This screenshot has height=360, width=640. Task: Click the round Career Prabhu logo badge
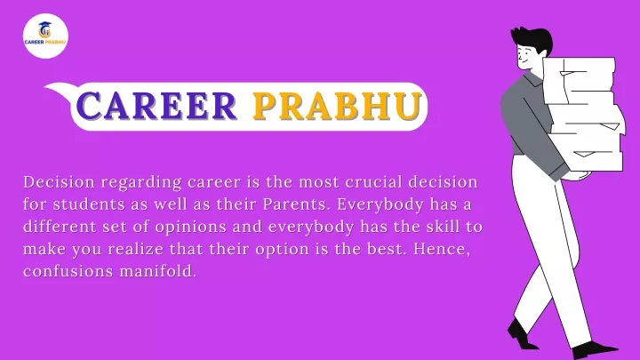pyautogui.click(x=45, y=36)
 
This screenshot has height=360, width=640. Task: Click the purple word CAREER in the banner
pyautogui.click(x=156, y=106)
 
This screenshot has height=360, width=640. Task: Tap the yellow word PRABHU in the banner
pyautogui.click(x=337, y=106)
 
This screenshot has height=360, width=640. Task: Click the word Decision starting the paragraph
pyautogui.click(x=60, y=182)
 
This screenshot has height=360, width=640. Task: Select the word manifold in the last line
pyautogui.click(x=156, y=271)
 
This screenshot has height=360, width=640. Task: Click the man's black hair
pyautogui.click(x=532, y=41)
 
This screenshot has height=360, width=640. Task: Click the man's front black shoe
pyautogui.click(x=595, y=350)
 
